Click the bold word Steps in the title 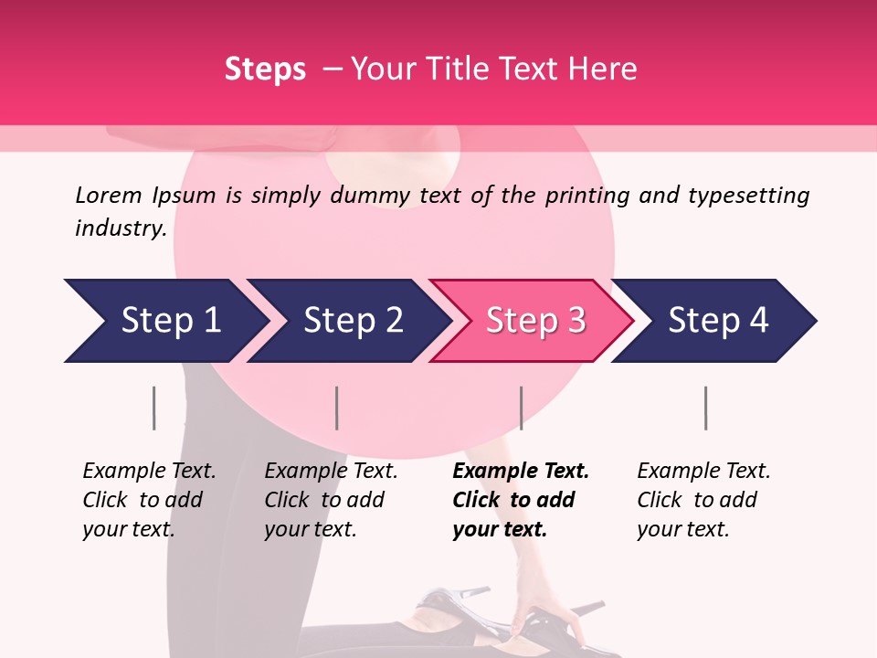[x=265, y=69]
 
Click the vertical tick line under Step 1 [x=153, y=408]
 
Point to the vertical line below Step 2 [x=337, y=408]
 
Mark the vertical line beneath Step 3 [x=521, y=408]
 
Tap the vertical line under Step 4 [x=705, y=408]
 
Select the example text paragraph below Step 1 [x=148, y=500]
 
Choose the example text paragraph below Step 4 [x=703, y=500]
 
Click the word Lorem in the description [x=109, y=196]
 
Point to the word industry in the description [x=120, y=228]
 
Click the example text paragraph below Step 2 [x=330, y=500]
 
